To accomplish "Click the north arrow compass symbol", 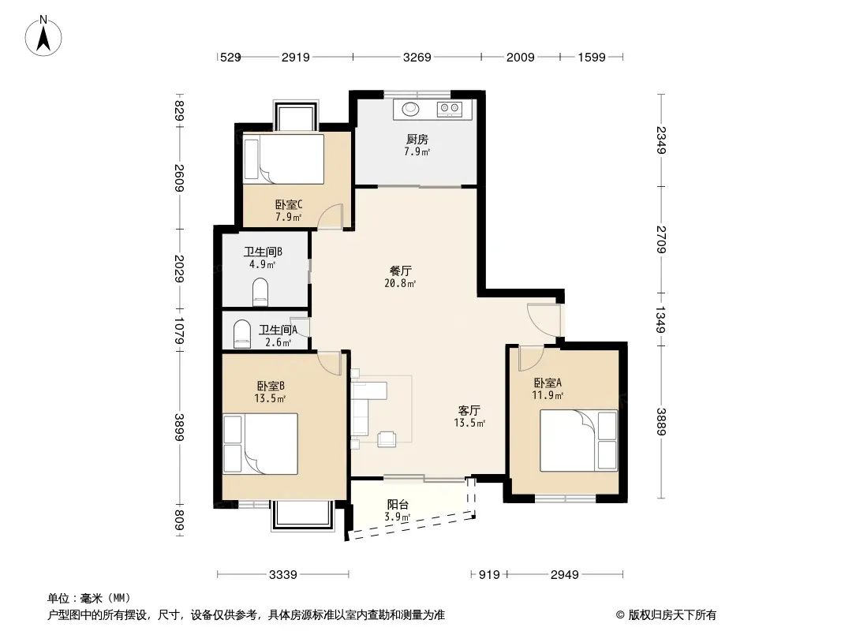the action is click(43, 36).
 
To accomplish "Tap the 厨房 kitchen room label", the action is click(417, 140).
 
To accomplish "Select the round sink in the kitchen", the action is click(411, 109).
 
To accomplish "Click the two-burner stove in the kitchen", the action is click(450, 109).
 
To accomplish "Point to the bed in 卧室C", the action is click(284, 159).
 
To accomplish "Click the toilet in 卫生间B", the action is click(260, 291).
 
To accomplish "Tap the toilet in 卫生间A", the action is click(242, 334).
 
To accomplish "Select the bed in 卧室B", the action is click(260, 443).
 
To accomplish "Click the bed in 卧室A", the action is click(579, 441).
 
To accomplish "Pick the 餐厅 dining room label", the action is click(400, 271).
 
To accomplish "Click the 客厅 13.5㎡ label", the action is click(469, 416).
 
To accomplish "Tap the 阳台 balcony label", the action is click(398, 504).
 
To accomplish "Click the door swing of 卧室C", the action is click(329, 217).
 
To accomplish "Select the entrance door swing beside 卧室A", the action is click(544, 320).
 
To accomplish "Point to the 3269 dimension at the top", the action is click(417, 57).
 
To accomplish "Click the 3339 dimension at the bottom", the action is click(282, 575).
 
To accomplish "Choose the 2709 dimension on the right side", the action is click(661, 240).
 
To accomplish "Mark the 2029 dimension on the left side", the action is click(179, 269).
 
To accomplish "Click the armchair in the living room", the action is click(387, 439).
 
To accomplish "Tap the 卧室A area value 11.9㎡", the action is click(548, 396).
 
